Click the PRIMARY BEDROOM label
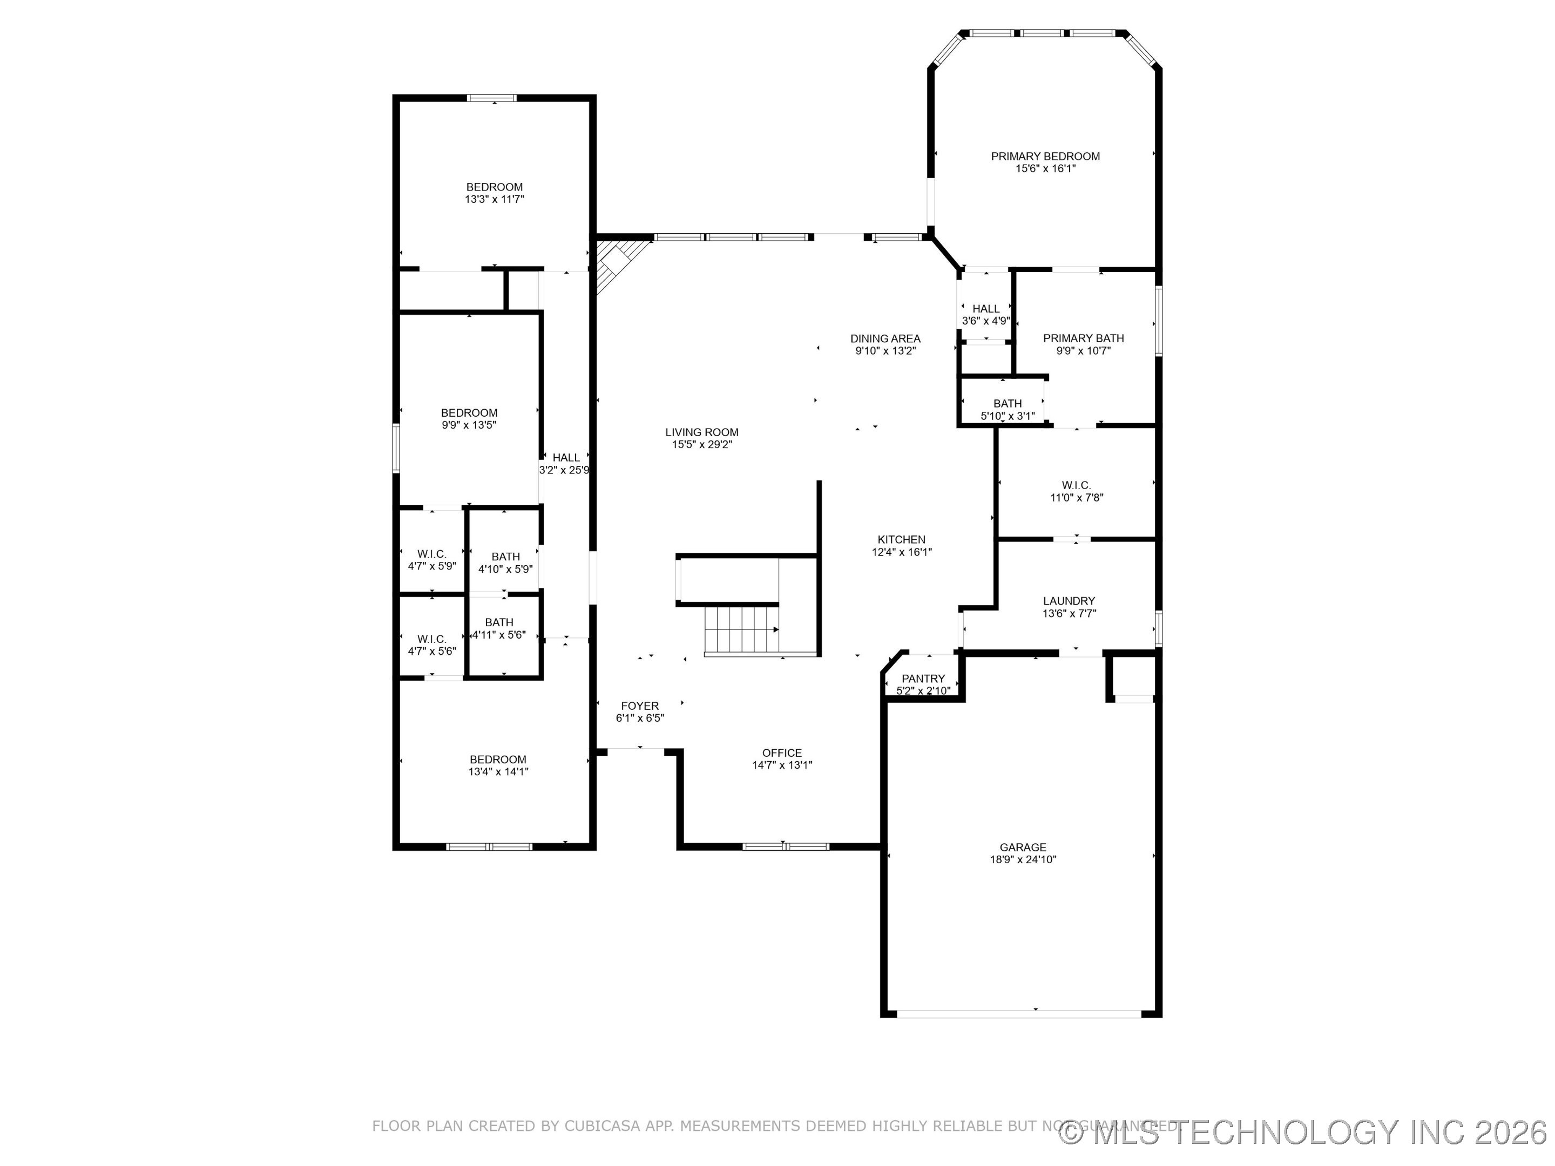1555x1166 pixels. [x=1045, y=156]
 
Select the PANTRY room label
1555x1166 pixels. [x=923, y=678]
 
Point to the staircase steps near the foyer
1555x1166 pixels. [x=742, y=630]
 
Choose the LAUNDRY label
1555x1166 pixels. [x=1069, y=601]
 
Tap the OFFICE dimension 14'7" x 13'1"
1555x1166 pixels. [x=782, y=765]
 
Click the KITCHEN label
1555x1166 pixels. [x=901, y=540]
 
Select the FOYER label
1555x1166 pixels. [x=640, y=706]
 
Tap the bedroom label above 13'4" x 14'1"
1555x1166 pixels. [x=498, y=759]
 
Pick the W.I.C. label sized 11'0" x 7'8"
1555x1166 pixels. [x=1076, y=485]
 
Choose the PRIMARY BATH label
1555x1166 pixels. [x=1083, y=338]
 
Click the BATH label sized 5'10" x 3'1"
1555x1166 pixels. [x=1008, y=403]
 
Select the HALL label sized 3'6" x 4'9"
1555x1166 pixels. [x=985, y=309]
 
